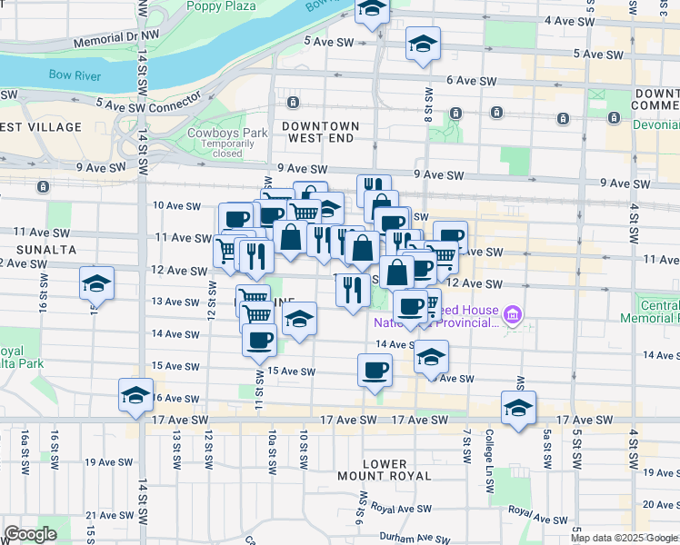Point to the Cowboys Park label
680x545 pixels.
(x=227, y=133)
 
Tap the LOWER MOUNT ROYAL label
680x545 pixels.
(x=385, y=469)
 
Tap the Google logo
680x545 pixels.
(x=31, y=534)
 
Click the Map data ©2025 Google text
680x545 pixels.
(x=624, y=538)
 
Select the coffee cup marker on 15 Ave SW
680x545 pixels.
(x=375, y=371)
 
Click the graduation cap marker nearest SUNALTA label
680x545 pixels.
(x=96, y=283)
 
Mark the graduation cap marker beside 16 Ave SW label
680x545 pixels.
(x=135, y=395)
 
